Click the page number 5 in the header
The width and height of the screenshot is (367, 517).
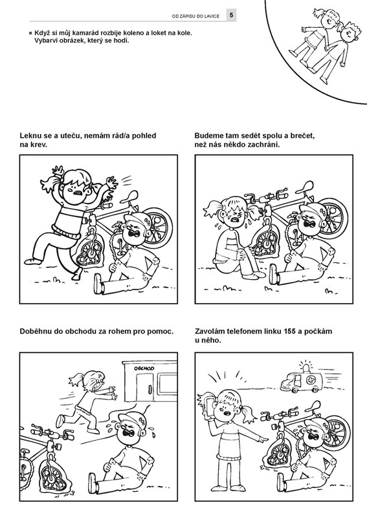(x=231, y=15)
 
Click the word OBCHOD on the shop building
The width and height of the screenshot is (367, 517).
(x=144, y=368)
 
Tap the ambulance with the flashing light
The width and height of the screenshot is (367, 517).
(x=302, y=381)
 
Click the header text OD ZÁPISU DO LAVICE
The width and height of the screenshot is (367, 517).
(x=195, y=16)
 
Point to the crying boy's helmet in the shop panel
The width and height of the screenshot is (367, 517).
(x=133, y=417)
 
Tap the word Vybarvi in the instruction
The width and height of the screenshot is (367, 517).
(x=46, y=41)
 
